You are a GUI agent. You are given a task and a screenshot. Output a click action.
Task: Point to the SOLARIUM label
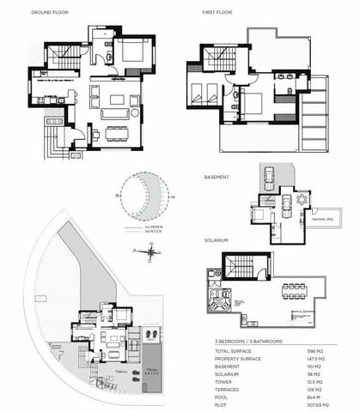216,242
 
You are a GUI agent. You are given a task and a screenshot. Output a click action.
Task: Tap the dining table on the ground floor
113,133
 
